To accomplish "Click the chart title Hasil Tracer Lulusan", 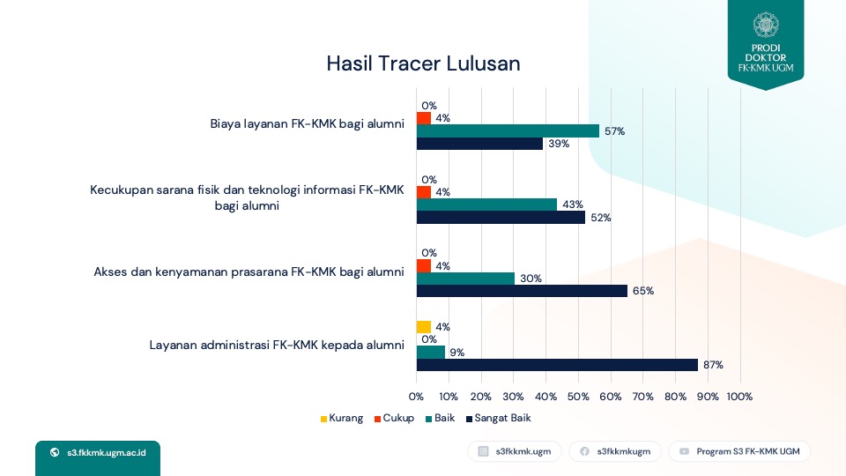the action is point(423,63).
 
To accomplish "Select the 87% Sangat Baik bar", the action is point(557,365).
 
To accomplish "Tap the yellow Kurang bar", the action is point(424,327).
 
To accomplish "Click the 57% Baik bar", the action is point(508,130).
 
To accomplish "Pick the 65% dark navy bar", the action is point(522,291).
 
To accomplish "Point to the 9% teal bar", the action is point(431,353).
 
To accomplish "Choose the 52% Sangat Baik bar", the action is point(501,218).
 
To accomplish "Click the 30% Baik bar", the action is point(465,279).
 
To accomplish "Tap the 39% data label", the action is point(559,144).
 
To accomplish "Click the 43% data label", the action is point(573,205).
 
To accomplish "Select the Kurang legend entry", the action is point(342,418).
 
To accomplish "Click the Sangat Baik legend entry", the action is point(499,418).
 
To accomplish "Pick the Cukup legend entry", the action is point(395,418).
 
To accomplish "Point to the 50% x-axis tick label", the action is point(578,397).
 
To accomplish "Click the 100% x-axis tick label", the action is point(739,397).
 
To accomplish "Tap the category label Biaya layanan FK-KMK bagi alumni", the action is point(307,124).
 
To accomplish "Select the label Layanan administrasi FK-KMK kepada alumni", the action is point(277,346).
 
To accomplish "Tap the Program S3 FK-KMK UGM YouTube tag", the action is point(739,451).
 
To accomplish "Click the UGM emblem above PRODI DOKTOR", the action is point(766,25).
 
